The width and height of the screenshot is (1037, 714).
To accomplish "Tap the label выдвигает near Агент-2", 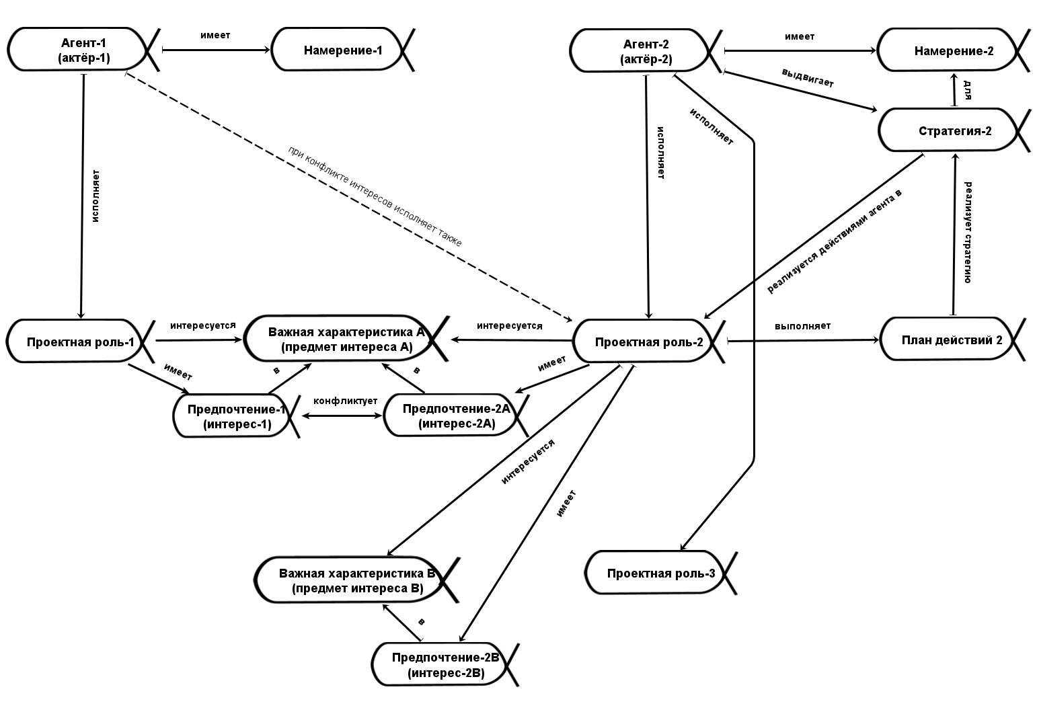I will pyautogui.click(x=807, y=78).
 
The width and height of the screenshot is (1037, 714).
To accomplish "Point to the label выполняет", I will pyautogui.click(x=802, y=326).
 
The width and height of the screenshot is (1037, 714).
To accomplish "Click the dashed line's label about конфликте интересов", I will pyautogui.click(x=375, y=196).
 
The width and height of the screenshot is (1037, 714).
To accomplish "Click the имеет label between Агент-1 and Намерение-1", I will pyautogui.click(x=215, y=35).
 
